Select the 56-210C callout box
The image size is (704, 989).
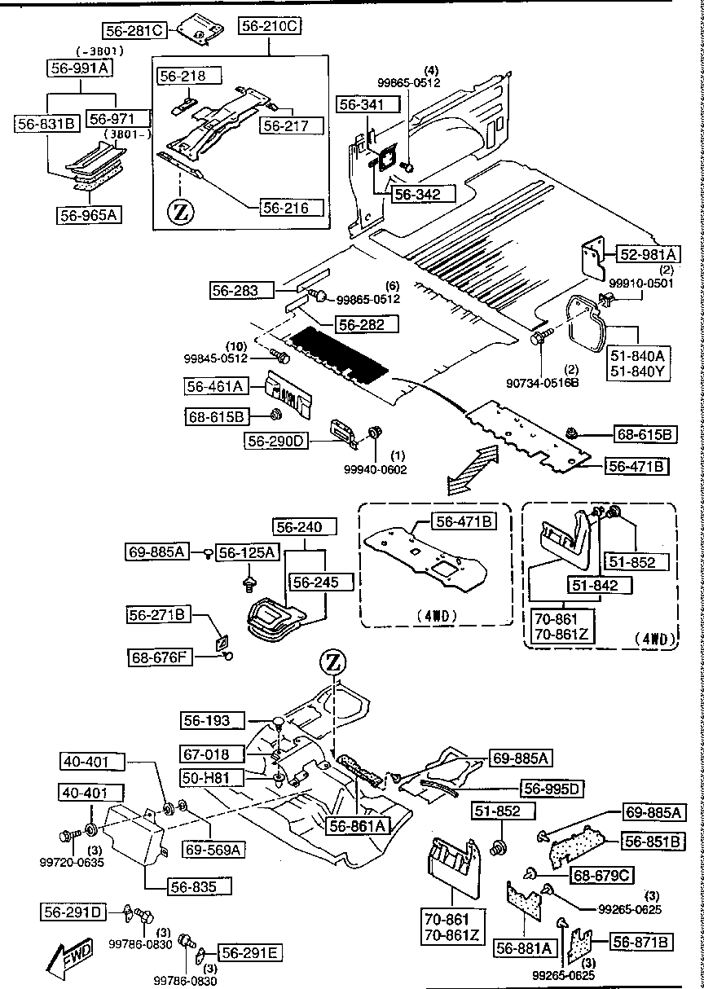[x=270, y=27]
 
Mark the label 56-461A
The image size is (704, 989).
[x=216, y=387]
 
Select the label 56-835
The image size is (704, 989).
[x=200, y=886]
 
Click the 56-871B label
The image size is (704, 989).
[x=641, y=943]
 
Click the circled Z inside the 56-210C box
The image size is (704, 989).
[x=182, y=213]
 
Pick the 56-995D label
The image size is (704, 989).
[x=551, y=788]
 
